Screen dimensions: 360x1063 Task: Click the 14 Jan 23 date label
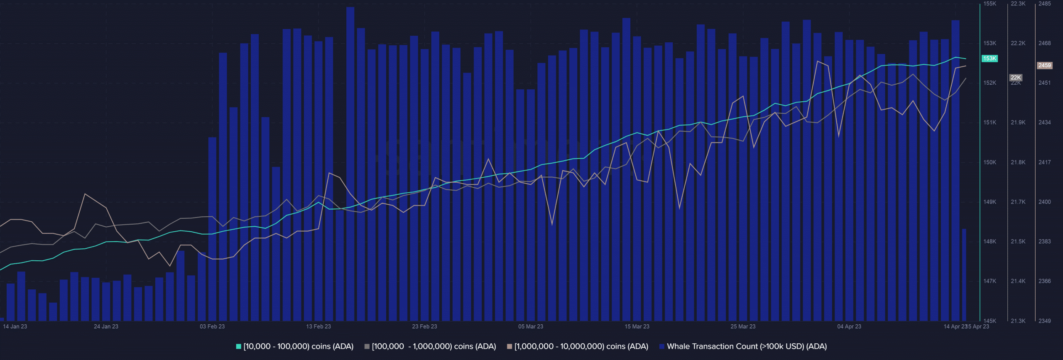(x=15, y=326)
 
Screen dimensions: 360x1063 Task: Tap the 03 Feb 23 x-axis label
(x=212, y=326)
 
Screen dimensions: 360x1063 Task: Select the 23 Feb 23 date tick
(x=424, y=326)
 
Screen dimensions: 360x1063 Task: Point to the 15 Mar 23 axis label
(x=637, y=326)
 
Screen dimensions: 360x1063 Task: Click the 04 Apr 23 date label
(x=849, y=326)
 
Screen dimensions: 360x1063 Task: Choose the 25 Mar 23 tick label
(x=743, y=326)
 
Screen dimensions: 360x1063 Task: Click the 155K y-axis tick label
(x=990, y=4)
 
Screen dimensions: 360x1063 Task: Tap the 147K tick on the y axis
(x=990, y=281)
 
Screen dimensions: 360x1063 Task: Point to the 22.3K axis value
(x=1018, y=4)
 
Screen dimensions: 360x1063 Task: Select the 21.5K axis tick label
(x=1018, y=241)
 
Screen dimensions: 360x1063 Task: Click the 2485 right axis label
(x=1045, y=4)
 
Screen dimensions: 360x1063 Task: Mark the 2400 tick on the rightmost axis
(x=1045, y=202)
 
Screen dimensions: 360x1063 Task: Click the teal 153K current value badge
(x=990, y=59)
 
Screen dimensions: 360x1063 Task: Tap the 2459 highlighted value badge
(x=1045, y=65)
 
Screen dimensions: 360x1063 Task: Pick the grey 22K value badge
(x=1016, y=78)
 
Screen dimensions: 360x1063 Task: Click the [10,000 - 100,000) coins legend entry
(x=295, y=346)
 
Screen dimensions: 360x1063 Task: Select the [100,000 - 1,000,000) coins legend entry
(x=430, y=346)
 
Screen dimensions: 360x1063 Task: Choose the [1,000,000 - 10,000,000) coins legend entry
(x=578, y=346)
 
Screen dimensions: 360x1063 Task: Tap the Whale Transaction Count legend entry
(x=743, y=346)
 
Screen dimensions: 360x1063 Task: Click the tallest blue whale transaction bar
(x=350, y=166)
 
